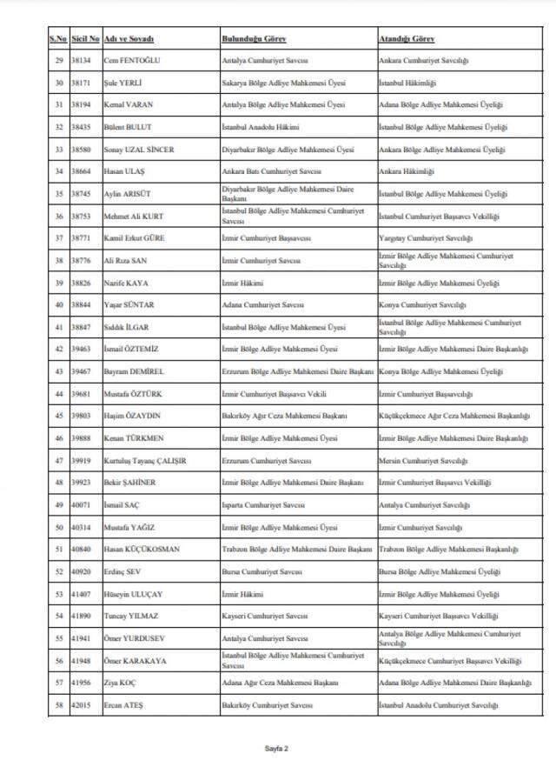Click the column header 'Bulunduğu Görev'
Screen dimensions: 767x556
pyautogui.click(x=254, y=39)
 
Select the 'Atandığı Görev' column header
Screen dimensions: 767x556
pyautogui.click(x=407, y=39)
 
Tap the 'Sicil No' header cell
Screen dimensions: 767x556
pyautogui.click(x=86, y=39)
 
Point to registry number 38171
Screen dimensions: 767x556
pyautogui.click(x=83, y=83)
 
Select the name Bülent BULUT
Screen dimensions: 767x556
pyautogui.click(x=127, y=127)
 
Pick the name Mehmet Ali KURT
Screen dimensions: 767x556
pyautogui.click(x=136, y=216)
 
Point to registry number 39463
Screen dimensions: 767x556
pyautogui.click(x=83, y=350)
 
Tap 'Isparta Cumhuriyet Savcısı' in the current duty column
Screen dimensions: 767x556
pyautogui.click(x=266, y=504)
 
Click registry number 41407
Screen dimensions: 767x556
pyautogui.click(x=83, y=594)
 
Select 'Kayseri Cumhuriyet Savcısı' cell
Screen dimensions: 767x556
pyautogui.click(x=266, y=616)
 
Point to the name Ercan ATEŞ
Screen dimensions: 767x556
pyautogui.click(x=126, y=704)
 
